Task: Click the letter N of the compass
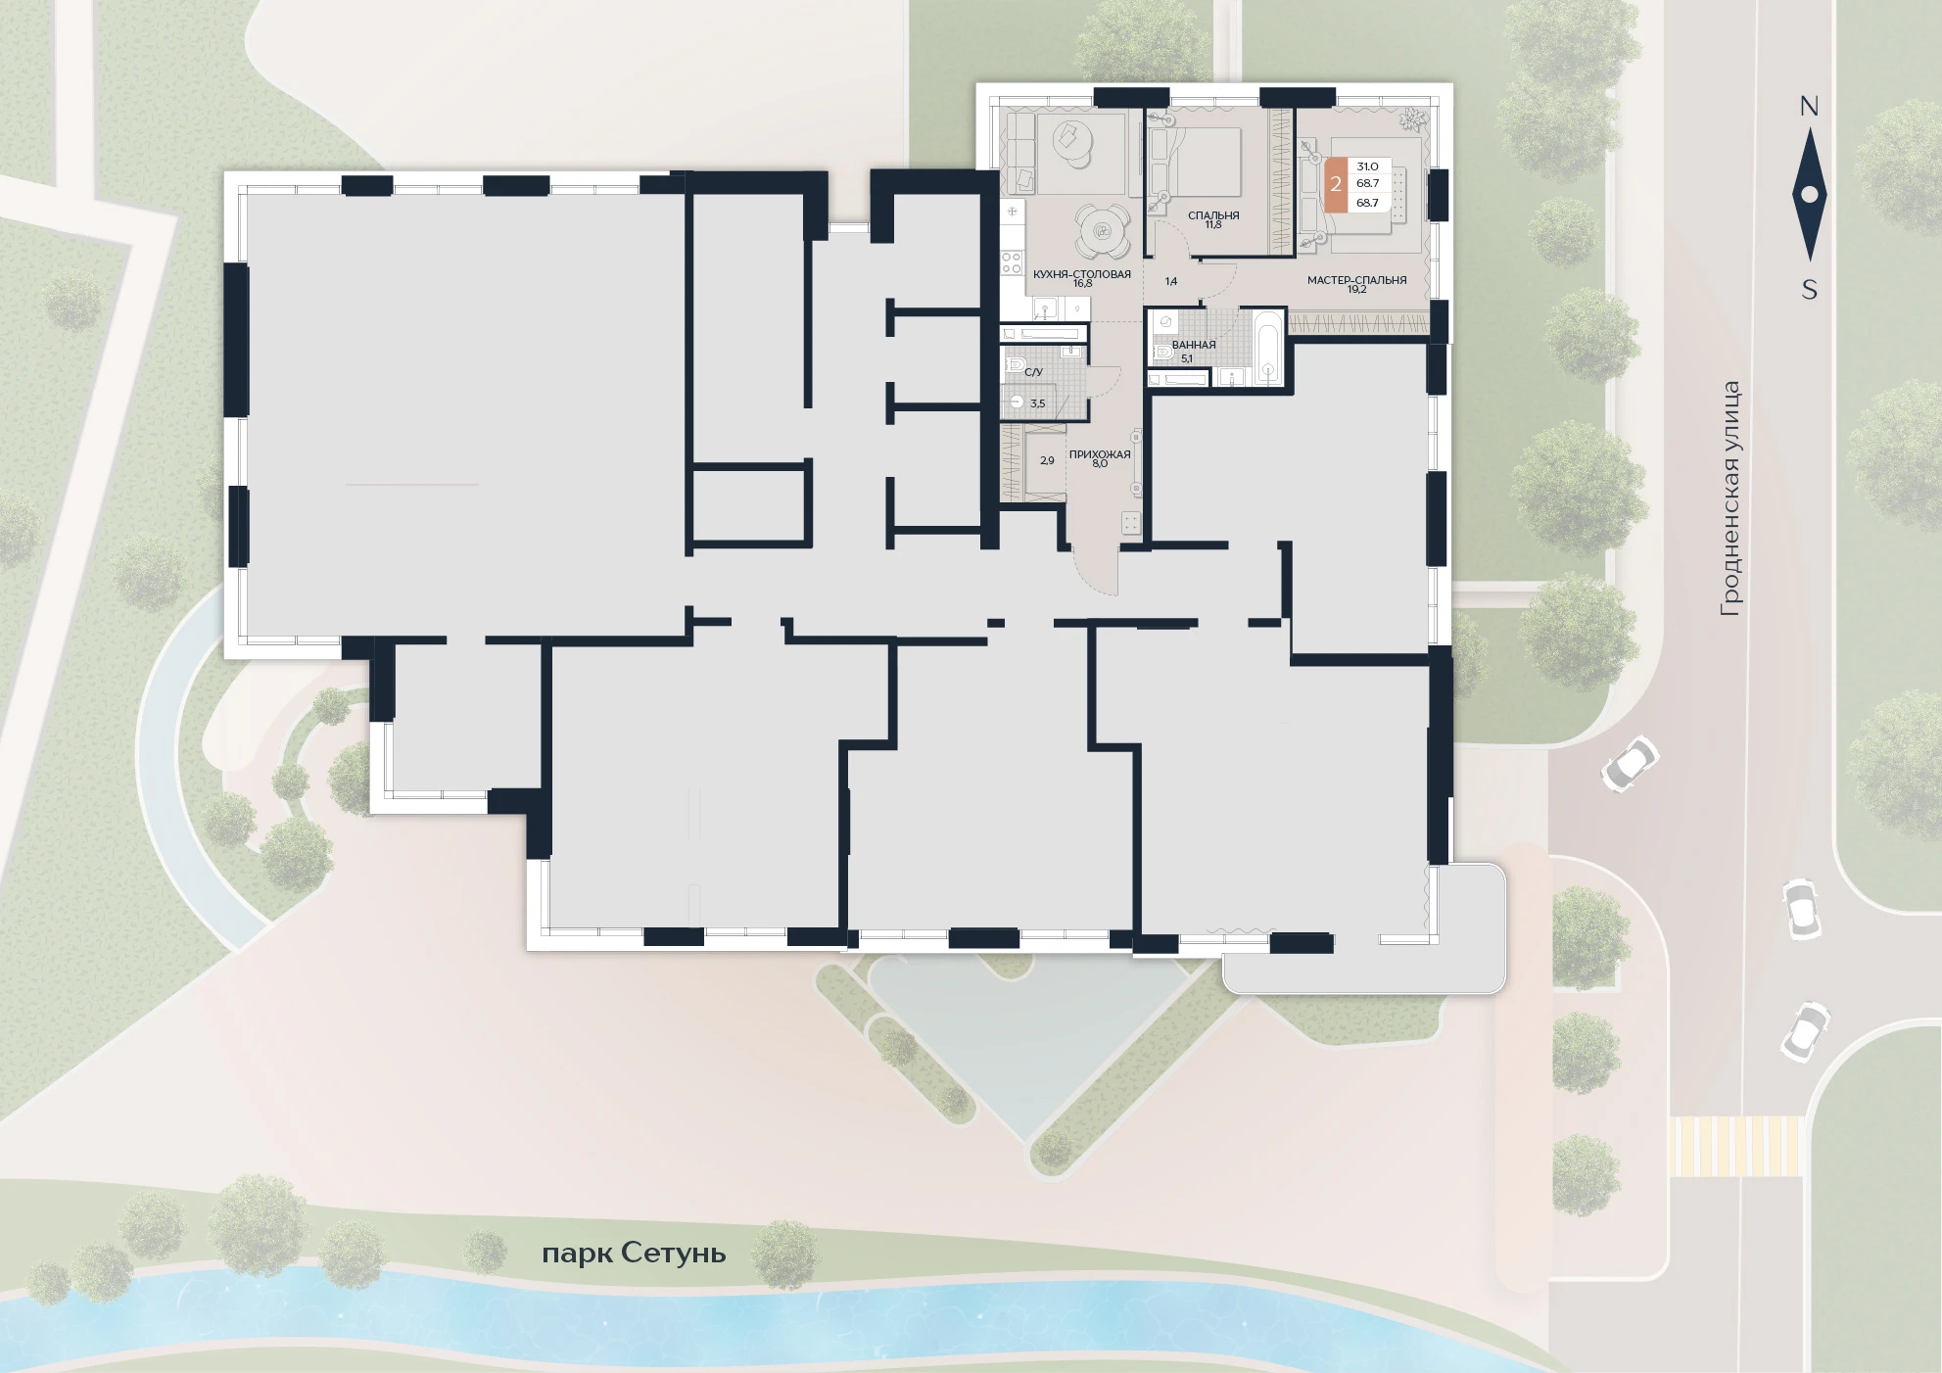[x=1809, y=107]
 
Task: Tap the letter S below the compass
[x=1810, y=290]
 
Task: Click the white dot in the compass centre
[x=1809, y=195]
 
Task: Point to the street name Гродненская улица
[x=1730, y=498]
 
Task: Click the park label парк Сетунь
[x=634, y=1253]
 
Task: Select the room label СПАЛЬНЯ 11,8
[x=1213, y=219]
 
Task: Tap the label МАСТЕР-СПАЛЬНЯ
[x=1356, y=280]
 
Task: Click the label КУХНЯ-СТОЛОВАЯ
[x=1082, y=274]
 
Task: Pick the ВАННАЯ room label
[x=1194, y=345]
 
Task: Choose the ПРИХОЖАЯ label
[x=1100, y=454]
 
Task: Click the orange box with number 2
[x=1336, y=184]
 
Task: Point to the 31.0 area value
[x=1367, y=166]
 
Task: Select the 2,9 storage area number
[x=1047, y=460]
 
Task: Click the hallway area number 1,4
[x=1171, y=281]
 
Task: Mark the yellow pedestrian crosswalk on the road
[x=1735, y=1146]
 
